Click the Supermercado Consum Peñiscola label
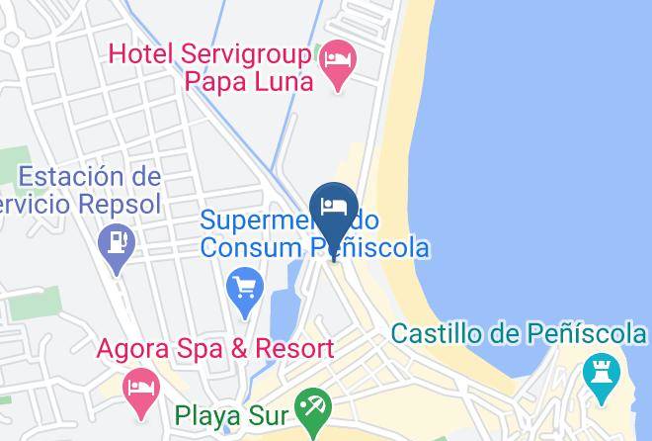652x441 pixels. point(314,231)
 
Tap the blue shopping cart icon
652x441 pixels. point(244,290)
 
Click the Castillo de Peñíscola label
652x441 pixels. point(518,333)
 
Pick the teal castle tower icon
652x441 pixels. point(599,376)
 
